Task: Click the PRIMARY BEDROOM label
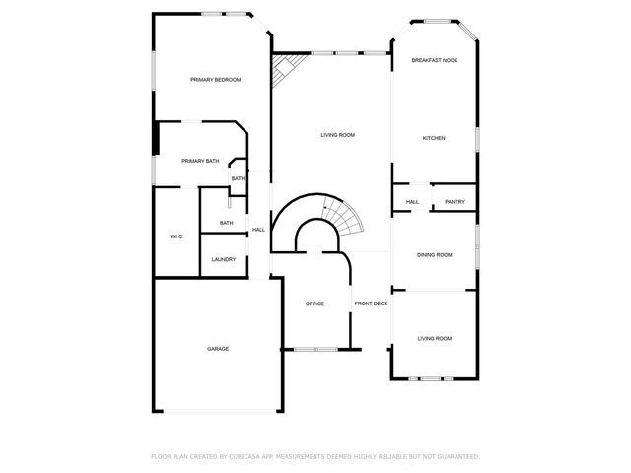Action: pyautogui.click(x=216, y=80)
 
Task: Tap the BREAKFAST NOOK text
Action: pyautogui.click(x=434, y=60)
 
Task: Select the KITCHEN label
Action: pyautogui.click(x=434, y=138)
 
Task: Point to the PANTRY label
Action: pyautogui.click(x=455, y=202)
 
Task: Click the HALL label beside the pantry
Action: pyautogui.click(x=412, y=202)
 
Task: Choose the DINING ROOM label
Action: pyautogui.click(x=434, y=255)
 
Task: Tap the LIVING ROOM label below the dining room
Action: pyautogui.click(x=434, y=338)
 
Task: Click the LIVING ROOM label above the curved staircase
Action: pyautogui.click(x=337, y=135)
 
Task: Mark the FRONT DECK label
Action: pyautogui.click(x=372, y=304)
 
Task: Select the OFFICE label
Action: pyautogui.click(x=315, y=304)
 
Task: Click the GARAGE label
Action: pyautogui.click(x=218, y=349)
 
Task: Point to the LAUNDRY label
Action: pyautogui.click(x=224, y=259)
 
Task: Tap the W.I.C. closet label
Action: pyautogui.click(x=176, y=236)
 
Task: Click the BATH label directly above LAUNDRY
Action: pyautogui.click(x=227, y=223)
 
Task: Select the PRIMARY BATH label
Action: pyautogui.click(x=200, y=161)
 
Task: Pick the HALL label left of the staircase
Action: pyautogui.click(x=258, y=230)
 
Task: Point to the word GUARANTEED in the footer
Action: pyautogui.click(x=457, y=456)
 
